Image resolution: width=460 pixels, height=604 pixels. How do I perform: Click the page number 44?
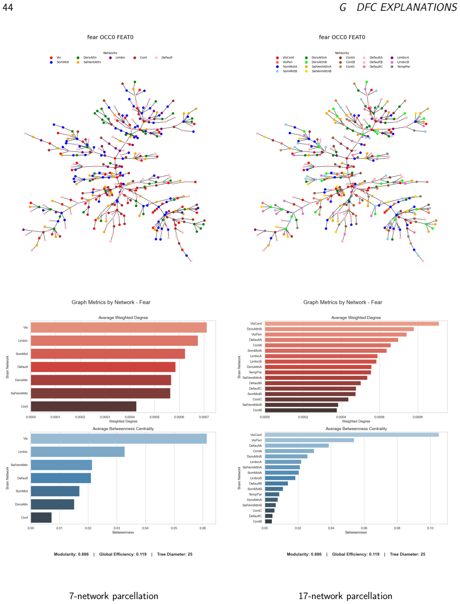click(8, 8)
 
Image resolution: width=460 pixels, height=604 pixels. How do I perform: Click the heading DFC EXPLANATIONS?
click(406, 8)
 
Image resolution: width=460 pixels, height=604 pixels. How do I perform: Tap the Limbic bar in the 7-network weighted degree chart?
click(114, 340)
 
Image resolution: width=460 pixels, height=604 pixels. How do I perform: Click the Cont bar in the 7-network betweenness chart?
click(41, 517)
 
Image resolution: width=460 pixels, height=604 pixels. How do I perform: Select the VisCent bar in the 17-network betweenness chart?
click(352, 435)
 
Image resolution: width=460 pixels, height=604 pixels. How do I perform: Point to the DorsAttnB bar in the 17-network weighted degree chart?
click(339, 329)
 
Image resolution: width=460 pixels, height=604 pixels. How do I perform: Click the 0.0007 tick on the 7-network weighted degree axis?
click(204, 417)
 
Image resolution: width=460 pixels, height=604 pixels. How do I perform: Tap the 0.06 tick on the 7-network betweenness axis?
click(203, 528)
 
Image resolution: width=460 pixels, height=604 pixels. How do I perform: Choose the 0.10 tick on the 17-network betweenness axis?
click(430, 528)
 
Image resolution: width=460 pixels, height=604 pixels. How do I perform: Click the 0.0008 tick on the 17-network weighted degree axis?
click(418, 417)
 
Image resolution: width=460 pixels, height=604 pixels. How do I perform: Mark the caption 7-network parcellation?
click(113, 596)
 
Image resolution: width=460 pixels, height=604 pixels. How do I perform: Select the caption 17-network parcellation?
click(345, 596)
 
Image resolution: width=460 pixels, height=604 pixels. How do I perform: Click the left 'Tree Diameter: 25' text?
click(175, 554)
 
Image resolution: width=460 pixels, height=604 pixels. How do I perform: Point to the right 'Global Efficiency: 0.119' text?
click(356, 554)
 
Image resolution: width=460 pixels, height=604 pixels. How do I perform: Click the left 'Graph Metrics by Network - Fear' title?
click(111, 302)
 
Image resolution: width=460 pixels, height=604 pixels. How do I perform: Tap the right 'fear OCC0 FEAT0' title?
click(342, 37)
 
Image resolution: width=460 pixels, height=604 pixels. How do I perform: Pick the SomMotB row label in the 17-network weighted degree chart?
click(254, 394)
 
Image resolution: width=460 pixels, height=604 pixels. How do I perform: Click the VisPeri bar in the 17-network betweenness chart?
click(309, 440)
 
